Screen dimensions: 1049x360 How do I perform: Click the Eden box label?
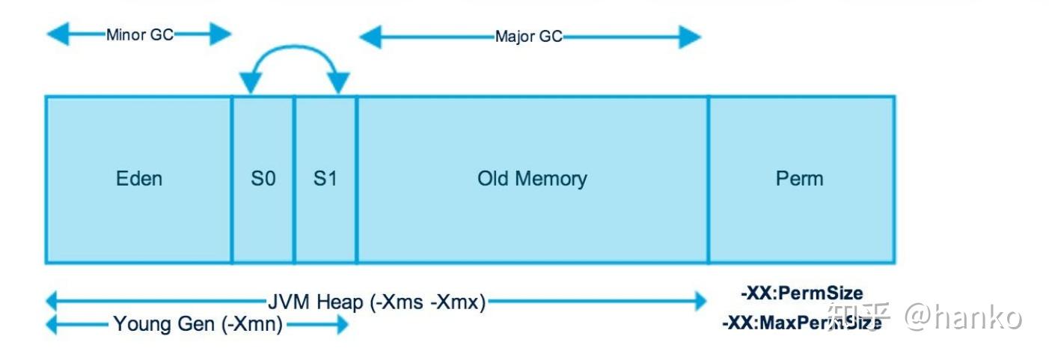pos(139,179)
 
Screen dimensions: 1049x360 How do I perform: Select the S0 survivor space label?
pos(263,179)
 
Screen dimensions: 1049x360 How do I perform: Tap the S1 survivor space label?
pos(325,179)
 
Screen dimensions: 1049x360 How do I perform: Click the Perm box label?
pos(799,179)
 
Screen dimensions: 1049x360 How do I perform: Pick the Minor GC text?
pos(140,34)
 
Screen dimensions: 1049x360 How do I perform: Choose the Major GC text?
pos(529,37)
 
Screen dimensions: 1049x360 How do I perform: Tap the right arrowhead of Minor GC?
pos(220,34)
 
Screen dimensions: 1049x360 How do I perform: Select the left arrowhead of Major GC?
pos(370,37)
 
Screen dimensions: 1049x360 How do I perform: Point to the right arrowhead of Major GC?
pos(690,37)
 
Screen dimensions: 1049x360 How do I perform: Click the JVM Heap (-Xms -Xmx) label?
pos(376,302)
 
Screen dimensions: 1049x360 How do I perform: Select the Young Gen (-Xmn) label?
pos(198,324)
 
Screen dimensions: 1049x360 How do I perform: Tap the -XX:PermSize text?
pos(802,293)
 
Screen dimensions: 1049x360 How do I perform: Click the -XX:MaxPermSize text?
pos(802,323)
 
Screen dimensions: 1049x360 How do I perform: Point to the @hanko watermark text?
pos(963,317)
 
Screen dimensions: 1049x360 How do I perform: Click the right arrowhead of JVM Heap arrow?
pos(701,301)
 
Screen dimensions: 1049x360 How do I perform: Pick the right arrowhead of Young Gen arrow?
pos(343,324)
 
